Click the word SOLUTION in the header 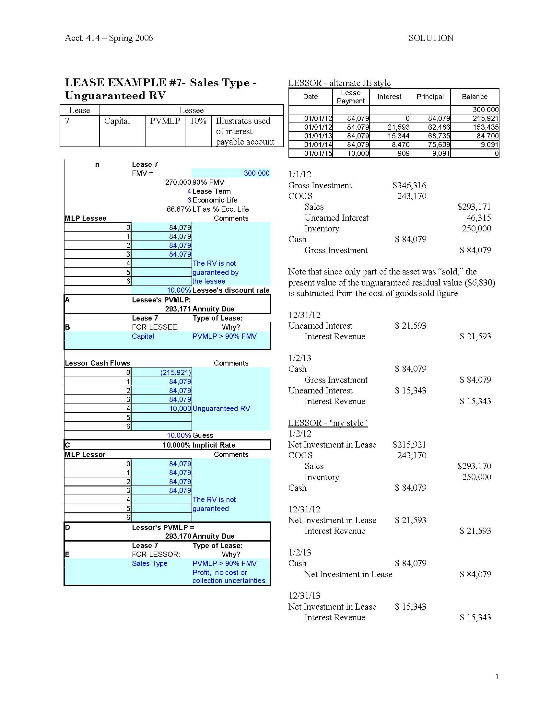(431, 38)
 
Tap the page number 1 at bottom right (497, 677)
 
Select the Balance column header (474, 97)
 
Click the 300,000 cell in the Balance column (486, 110)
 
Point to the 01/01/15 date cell (318, 153)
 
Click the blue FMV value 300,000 (257, 173)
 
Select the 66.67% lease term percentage (179, 209)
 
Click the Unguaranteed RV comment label (221, 409)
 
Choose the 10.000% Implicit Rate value (176, 445)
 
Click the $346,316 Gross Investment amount (409, 185)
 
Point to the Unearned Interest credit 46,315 (478, 218)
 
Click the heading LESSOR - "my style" (328, 423)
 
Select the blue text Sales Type (149, 564)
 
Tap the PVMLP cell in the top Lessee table (165, 121)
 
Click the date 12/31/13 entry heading (304, 595)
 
